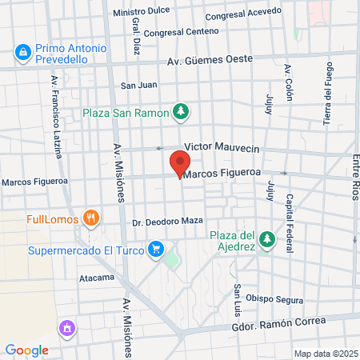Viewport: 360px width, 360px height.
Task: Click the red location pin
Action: point(178,165)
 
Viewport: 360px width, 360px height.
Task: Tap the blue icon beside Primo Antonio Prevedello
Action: point(21,54)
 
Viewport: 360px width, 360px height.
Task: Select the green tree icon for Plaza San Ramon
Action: point(182,112)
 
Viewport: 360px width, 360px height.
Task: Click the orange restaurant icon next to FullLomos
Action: point(93,217)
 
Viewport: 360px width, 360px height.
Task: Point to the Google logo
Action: point(26,350)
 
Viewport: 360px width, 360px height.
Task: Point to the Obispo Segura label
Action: point(274,300)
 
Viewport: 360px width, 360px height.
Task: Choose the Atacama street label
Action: point(97,278)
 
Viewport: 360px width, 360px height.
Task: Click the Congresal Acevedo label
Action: point(243,14)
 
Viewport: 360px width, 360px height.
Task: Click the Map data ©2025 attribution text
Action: point(325,354)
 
